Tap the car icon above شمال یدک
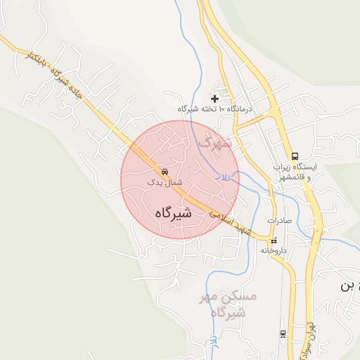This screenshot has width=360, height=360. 165,171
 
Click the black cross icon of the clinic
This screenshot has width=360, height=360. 214,98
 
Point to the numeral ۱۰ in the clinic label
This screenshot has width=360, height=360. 222,109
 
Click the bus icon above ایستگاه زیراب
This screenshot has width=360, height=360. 295,156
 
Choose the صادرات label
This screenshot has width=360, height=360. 278,220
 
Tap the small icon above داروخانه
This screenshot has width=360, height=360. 274,240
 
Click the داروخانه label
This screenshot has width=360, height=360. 274,250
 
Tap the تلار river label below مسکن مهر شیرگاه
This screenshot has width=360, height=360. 213,342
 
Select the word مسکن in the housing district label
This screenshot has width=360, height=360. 240,297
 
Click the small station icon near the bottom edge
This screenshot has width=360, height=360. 283,333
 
